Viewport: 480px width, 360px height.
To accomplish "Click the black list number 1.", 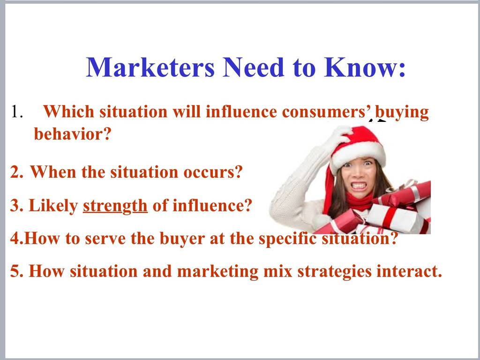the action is click(17, 112).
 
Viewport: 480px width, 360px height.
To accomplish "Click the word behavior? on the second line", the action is click(72, 134).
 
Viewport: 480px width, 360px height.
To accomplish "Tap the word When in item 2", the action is click(53, 172).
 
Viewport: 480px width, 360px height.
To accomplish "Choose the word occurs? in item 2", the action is click(213, 172).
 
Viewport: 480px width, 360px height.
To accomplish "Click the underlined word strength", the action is click(115, 206).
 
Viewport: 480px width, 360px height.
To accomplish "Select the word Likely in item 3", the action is click(53, 206).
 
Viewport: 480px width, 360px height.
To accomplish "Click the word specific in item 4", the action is click(287, 239).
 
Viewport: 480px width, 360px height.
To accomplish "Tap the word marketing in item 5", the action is click(217, 272).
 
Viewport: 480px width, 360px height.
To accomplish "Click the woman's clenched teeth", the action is click(359, 186).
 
